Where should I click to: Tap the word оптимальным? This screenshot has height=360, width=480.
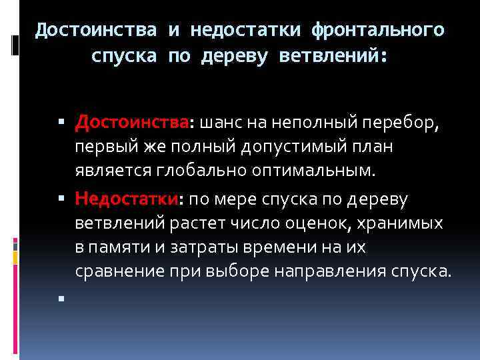coord(313,171)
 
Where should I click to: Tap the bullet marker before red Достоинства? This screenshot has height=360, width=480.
coord(59,123)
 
